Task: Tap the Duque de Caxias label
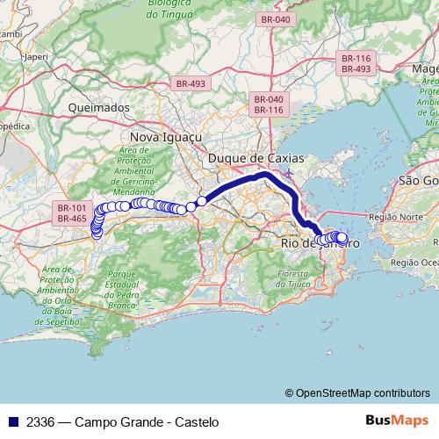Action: coord(255,158)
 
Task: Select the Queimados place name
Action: coord(98,107)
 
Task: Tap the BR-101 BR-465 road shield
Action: coord(72,212)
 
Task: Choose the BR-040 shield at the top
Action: coord(275,19)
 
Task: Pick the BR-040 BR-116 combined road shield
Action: coord(268,104)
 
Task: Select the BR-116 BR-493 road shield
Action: coord(356,63)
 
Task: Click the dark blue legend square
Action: coord(11,422)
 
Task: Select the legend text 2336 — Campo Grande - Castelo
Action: coord(118,422)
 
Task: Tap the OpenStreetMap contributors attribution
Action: coord(362,393)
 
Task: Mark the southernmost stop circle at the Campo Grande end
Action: coord(96,234)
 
